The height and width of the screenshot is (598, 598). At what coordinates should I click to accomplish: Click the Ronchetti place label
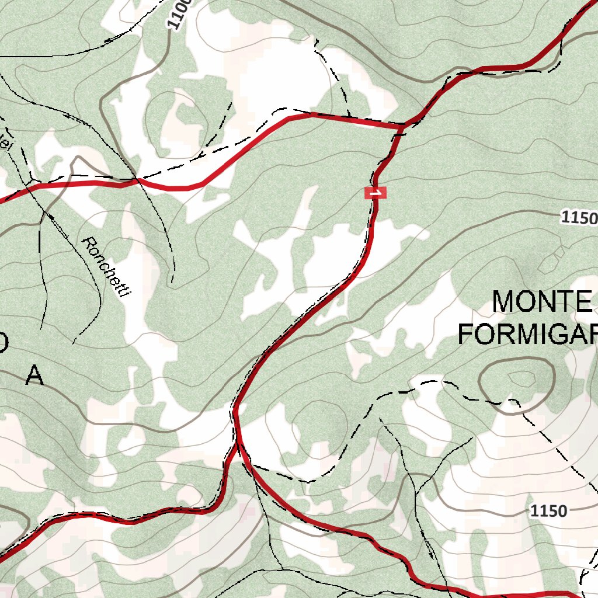105,268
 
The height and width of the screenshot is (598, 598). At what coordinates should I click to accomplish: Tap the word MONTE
542,302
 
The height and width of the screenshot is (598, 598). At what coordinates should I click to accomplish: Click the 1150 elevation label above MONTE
579,218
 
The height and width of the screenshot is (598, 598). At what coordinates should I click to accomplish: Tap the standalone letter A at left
35,376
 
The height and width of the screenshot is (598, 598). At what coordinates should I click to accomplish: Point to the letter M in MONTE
506,302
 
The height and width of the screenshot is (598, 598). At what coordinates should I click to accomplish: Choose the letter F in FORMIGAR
465,334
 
